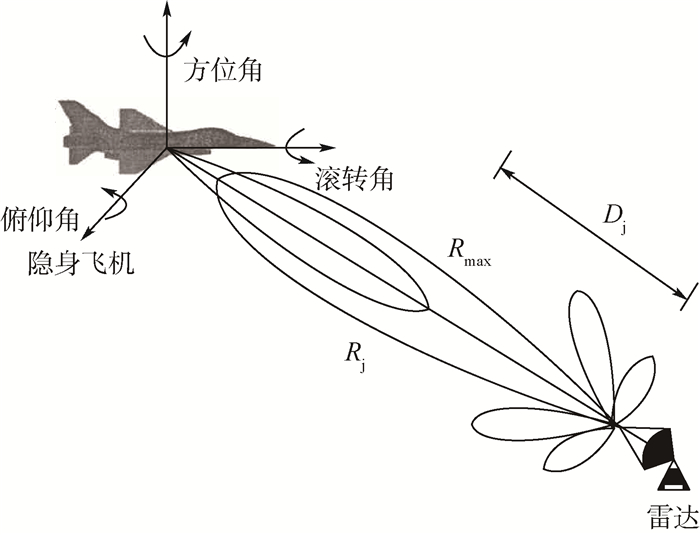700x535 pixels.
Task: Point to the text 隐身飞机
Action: click(x=81, y=264)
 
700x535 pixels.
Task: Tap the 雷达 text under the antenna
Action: click(x=670, y=516)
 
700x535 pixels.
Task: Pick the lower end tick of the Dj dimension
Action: click(x=687, y=297)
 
